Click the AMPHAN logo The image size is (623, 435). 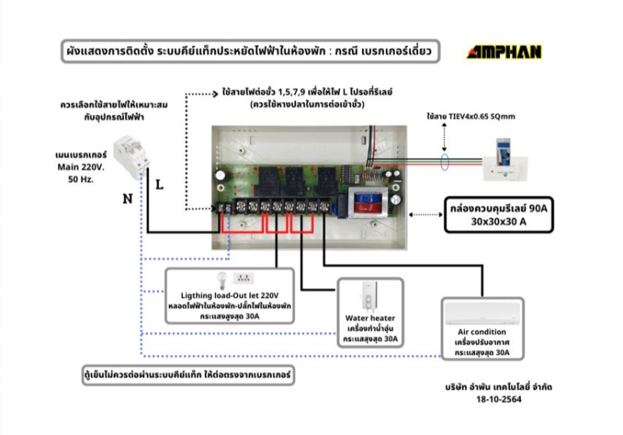(x=504, y=52)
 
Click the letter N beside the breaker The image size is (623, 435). (x=126, y=198)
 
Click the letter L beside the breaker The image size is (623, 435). (x=159, y=186)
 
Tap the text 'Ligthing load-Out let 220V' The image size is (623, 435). (x=229, y=296)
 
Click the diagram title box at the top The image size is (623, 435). (x=250, y=51)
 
